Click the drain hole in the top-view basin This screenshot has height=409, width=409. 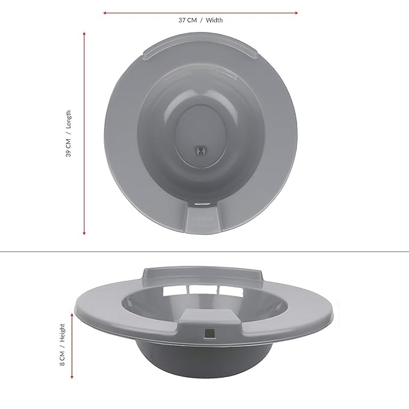click(201, 148)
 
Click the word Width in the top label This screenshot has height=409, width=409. click(214, 20)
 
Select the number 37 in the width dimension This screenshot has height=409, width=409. click(182, 20)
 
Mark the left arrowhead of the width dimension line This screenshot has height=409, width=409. click(105, 11)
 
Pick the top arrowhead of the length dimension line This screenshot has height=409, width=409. click(84, 33)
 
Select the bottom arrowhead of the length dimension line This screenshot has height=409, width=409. click(84, 233)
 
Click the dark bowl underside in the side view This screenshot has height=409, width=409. click(205, 361)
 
